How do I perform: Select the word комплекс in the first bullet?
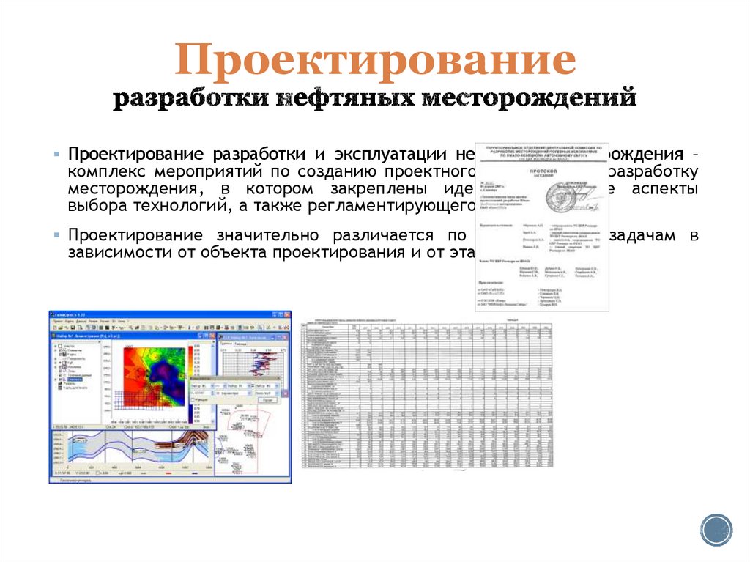tap(107, 172)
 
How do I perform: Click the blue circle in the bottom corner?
tap(716, 529)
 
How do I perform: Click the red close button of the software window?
tap(286, 314)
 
